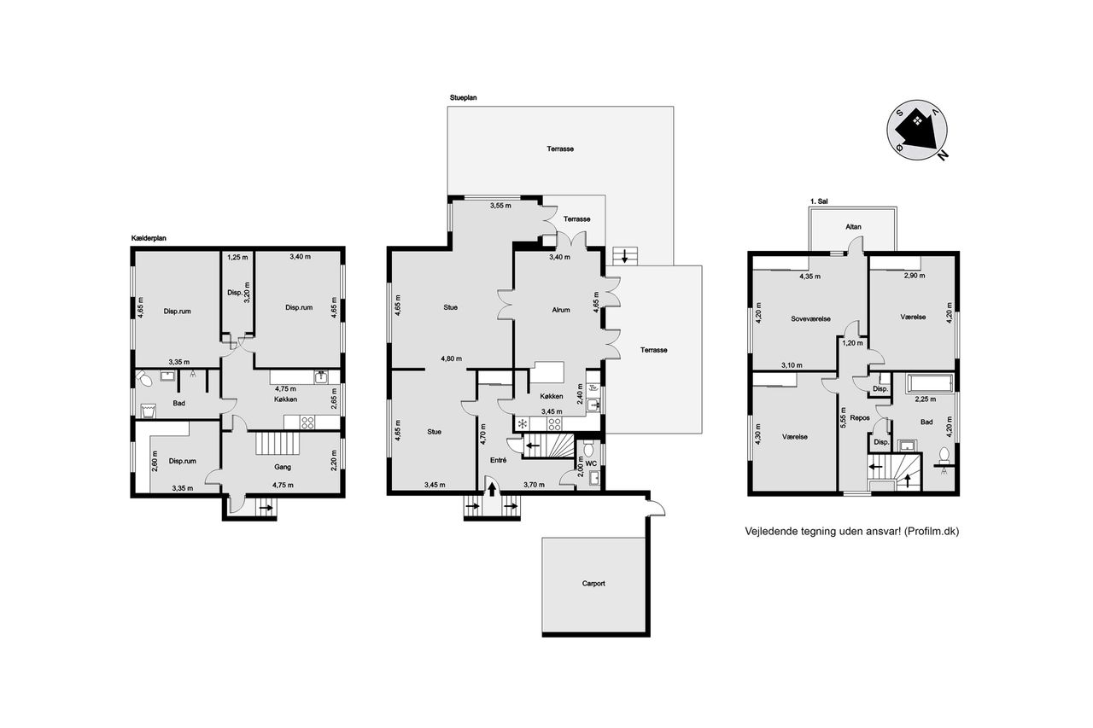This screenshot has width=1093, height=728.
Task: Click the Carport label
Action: click(x=593, y=583)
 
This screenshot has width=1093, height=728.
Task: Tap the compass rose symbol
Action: click(x=917, y=131)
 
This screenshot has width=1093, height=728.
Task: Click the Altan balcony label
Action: click(x=853, y=227)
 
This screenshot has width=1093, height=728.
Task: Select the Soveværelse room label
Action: click(x=810, y=319)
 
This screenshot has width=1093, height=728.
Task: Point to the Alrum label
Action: click(x=561, y=310)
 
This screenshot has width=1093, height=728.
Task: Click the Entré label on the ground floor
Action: click(x=498, y=460)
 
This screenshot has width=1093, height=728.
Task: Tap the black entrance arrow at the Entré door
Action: click(x=492, y=489)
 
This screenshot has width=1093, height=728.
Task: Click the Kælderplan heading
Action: click(x=149, y=238)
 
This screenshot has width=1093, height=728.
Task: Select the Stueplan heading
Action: click(x=463, y=97)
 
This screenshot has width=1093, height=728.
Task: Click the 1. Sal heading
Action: click(x=819, y=201)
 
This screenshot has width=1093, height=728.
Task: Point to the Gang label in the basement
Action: click(x=283, y=467)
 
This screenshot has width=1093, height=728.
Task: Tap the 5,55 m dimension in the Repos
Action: click(x=843, y=418)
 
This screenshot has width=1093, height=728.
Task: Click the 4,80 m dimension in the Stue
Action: click(x=452, y=358)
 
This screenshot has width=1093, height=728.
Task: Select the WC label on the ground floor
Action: click(x=591, y=463)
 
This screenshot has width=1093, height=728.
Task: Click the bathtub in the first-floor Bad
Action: click(x=930, y=383)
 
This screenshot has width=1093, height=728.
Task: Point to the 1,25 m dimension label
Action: click(x=237, y=257)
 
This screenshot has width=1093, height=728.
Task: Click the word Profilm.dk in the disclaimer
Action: click(x=932, y=532)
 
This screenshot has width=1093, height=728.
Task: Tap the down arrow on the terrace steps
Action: click(x=624, y=256)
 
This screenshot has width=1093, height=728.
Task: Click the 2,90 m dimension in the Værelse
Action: click(x=915, y=276)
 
